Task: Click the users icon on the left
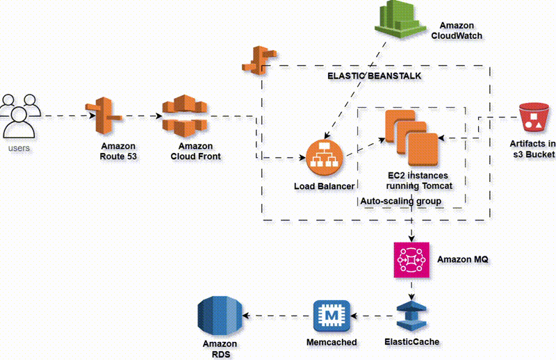coord(20,115)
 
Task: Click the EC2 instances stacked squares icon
coord(412,138)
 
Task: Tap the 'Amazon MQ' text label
coord(463,259)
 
